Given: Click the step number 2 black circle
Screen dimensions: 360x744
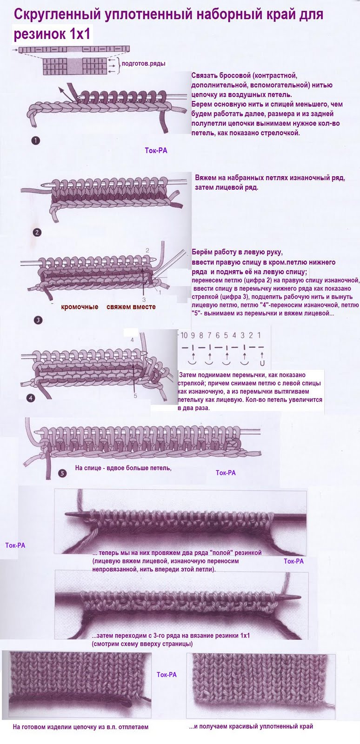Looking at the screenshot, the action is [38, 232].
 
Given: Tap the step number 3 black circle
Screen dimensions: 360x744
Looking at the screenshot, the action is [38, 319].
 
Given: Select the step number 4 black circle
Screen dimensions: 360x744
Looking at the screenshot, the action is [31, 398].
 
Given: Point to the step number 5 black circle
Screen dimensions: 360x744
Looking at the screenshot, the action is [63, 473].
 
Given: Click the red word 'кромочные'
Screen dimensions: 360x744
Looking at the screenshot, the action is [80, 307].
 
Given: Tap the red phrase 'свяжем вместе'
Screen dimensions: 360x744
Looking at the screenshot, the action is [131, 307].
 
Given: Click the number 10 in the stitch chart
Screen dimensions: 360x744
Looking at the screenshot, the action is [184, 335].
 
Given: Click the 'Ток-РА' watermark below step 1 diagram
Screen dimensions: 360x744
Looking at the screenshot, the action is [156, 151].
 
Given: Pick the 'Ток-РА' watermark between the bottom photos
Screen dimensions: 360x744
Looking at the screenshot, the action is [167, 674].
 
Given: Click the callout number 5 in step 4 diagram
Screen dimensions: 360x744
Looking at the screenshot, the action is [135, 396].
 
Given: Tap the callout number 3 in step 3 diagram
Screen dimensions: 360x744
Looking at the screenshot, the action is [144, 299].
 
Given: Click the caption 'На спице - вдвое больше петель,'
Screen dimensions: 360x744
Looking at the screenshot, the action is [123, 468].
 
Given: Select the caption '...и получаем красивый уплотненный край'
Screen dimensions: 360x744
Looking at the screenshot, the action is [251, 726].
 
